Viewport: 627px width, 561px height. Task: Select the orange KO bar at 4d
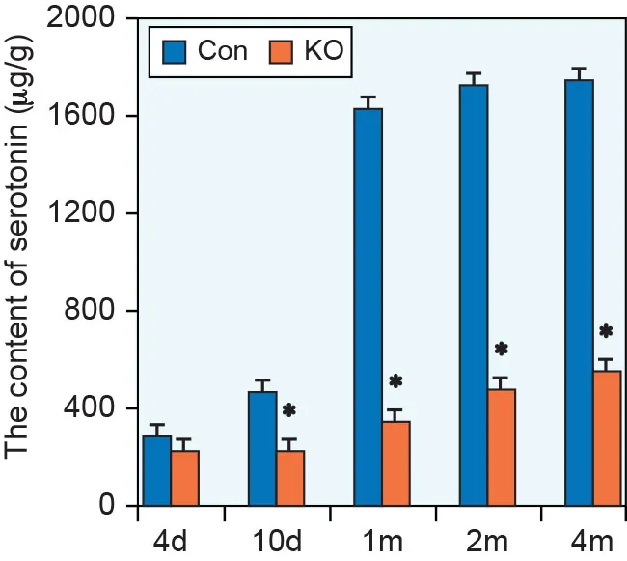184,478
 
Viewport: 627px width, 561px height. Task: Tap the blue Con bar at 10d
262,448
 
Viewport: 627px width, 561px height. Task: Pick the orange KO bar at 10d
289,478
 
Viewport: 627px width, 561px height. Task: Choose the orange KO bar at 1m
395,463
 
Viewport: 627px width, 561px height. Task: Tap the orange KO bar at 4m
607,438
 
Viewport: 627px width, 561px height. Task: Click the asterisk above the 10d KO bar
289,410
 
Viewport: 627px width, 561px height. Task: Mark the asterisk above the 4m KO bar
606,331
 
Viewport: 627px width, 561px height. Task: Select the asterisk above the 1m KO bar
395,381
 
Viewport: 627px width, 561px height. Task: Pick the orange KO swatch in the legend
284,51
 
